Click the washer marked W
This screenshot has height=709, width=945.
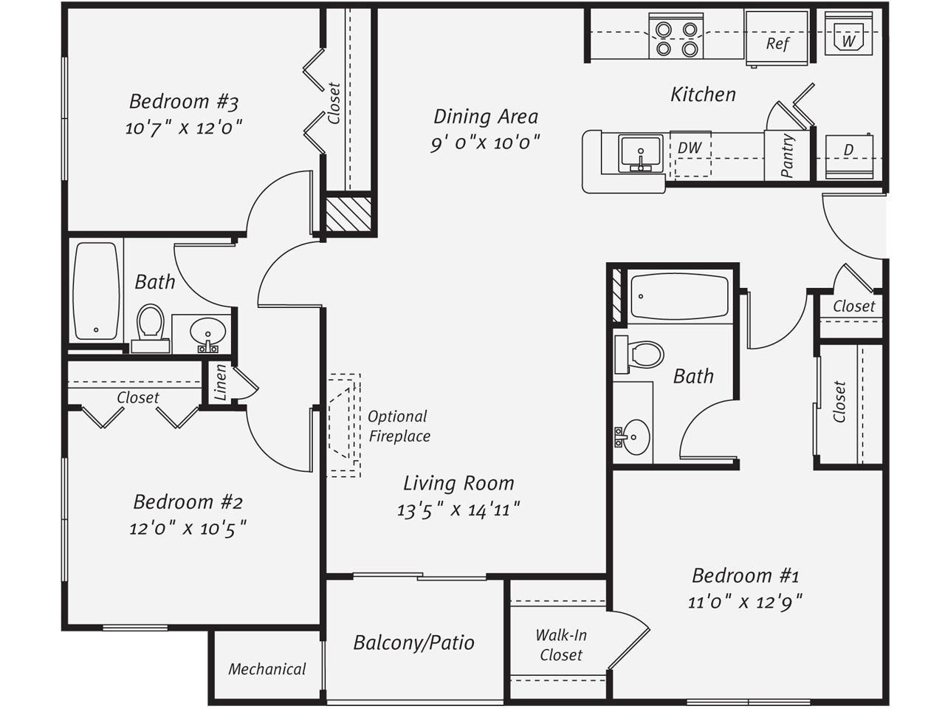point(848,33)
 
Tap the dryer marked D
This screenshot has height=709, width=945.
point(848,156)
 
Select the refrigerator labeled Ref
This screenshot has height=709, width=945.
point(776,38)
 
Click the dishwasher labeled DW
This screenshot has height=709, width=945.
point(690,154)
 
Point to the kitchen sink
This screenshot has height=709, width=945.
point(641,154)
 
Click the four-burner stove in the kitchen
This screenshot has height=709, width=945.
point(676,35)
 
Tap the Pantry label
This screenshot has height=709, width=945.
point(788,155)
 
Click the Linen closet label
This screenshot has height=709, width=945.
point(220,383)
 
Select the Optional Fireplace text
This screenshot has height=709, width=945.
point(399,426)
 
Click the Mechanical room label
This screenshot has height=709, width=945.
point(267,669)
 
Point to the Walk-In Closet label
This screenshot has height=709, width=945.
point(561,645)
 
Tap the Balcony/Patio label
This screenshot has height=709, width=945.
point(413,643)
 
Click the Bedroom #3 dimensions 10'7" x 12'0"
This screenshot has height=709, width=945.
point(184,128)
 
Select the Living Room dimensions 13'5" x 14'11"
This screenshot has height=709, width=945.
point(458,510)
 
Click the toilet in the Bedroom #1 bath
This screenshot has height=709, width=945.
point(639,354)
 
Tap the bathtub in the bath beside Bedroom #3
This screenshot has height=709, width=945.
point(95,291)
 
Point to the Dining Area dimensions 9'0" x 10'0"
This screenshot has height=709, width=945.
point(485,143)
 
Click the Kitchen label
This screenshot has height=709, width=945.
point(703,95)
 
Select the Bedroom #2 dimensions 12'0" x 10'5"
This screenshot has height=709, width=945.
point(188,528)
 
